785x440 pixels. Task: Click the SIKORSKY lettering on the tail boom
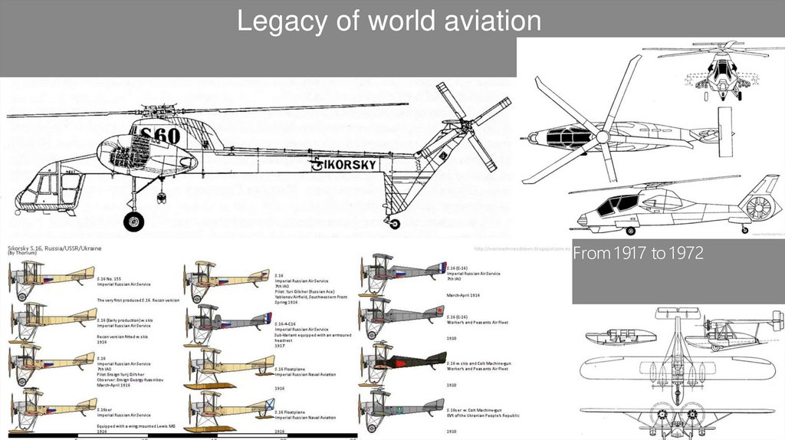pyautogui.click(x=344, y=164)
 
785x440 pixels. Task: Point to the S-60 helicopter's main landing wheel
pyautogui.click(x=133, y=222)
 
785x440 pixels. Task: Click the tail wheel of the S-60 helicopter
pyautogui.click(x=394, y=223)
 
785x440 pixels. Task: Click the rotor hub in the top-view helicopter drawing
pyautogui.click(x=602, y=137)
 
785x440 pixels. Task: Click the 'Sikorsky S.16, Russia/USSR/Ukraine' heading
pyautogui.click(x=58, y=248)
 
